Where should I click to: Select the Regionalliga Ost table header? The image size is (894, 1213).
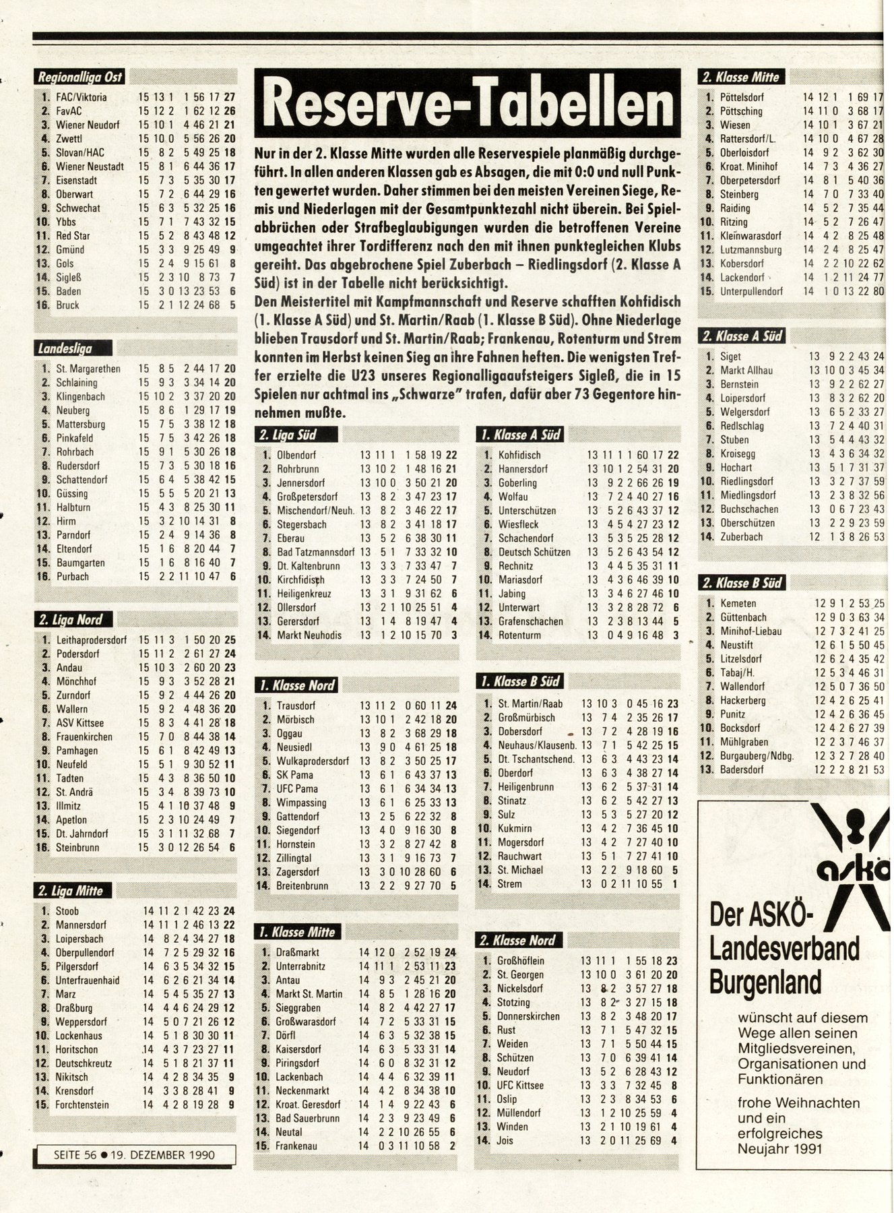point(79,77)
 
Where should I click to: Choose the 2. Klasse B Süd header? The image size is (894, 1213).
point(742,583)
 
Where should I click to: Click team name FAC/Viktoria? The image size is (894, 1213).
point(82,97)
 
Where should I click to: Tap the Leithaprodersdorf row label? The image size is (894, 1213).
point(91,640)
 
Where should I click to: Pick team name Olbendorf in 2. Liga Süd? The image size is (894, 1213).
point(296,455)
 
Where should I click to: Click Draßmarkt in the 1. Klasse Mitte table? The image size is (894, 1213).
point(297,952)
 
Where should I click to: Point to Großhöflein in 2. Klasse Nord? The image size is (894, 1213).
point(520,960)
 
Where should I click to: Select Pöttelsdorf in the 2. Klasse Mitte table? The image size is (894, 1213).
point(742,97)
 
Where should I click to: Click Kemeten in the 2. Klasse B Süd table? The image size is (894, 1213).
point(738,603)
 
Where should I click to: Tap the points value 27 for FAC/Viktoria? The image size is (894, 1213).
point(230,97)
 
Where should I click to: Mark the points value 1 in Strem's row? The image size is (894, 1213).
point(674,883)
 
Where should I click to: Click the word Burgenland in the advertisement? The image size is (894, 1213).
point(765,981)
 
